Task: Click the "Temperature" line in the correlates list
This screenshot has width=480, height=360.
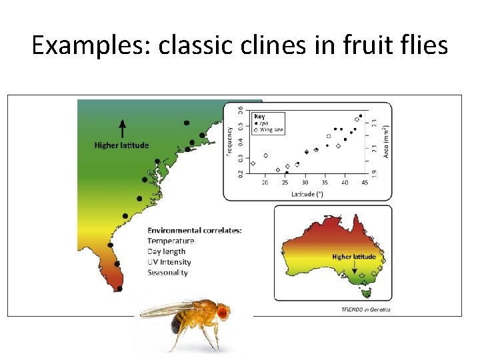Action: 171,241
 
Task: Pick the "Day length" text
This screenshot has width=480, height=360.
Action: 167,251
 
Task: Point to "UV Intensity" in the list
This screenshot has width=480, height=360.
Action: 169,262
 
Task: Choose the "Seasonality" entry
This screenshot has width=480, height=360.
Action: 167,273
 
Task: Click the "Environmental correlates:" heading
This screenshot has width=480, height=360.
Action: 195,231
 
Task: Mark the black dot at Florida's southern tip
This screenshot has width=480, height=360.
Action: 119,289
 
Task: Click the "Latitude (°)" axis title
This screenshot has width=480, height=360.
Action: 307,194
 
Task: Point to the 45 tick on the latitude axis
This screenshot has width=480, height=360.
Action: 364,183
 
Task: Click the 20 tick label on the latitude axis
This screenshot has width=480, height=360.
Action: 265,183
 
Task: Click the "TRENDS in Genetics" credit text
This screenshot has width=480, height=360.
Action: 366,309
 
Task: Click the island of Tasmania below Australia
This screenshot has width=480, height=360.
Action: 365,292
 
